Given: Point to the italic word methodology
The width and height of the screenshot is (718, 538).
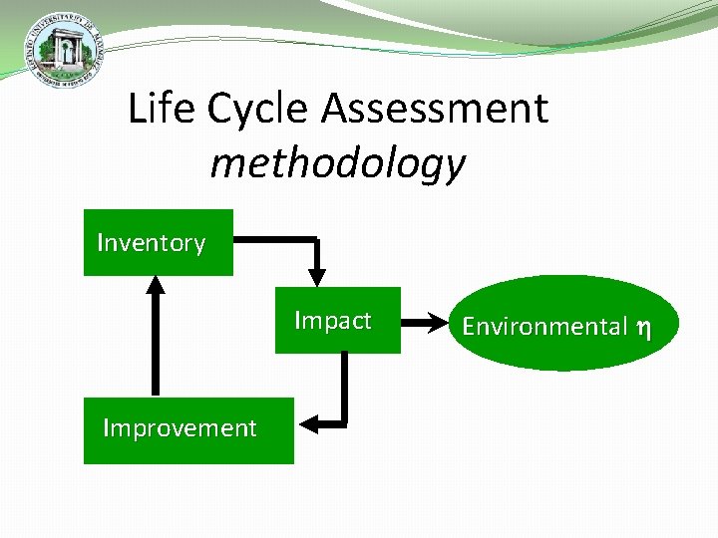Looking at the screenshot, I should pyautogui.click(x=337, y=162).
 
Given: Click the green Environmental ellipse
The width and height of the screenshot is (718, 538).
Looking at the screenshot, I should pyautogui.click(x=555, y=324).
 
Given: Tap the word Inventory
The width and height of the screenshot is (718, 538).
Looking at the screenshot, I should pyautogui.click(x=151, y=243).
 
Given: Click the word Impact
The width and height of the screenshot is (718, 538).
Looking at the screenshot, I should pyautogui.click(x=332, y=321).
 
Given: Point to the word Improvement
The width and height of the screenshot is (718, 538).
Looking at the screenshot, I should pyautogui.click(x=179, y=428).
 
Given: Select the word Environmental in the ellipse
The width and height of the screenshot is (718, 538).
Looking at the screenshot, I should pyautogui.click(x=544, y=326).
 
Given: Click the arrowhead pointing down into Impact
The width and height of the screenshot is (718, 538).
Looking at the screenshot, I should pyautogui.click(x=317, y=276).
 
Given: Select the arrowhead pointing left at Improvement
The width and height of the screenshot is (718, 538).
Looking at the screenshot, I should pyautogui.click(x=308, y=423).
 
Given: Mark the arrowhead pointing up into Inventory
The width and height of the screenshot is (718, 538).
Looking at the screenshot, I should pyautogui.click(x=155, y=284).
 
